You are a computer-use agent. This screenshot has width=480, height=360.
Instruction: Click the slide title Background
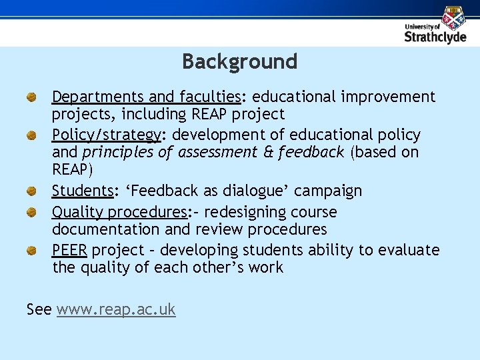239,61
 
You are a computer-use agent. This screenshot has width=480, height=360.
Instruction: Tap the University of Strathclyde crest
454,18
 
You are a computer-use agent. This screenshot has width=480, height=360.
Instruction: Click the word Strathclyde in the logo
435,37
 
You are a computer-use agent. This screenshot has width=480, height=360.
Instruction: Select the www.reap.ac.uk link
116,309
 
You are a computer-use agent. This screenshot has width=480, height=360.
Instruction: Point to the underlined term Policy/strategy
106,135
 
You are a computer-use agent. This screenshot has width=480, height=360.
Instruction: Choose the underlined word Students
83,191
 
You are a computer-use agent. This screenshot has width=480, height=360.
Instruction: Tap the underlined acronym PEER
70,251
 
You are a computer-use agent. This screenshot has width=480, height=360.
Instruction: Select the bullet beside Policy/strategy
31,136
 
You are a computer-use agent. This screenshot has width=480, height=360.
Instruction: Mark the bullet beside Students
31,192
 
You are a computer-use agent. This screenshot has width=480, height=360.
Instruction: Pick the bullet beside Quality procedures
31,213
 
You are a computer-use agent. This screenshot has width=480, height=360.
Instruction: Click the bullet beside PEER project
31,251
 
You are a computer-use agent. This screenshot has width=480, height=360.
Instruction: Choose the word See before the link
39,309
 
